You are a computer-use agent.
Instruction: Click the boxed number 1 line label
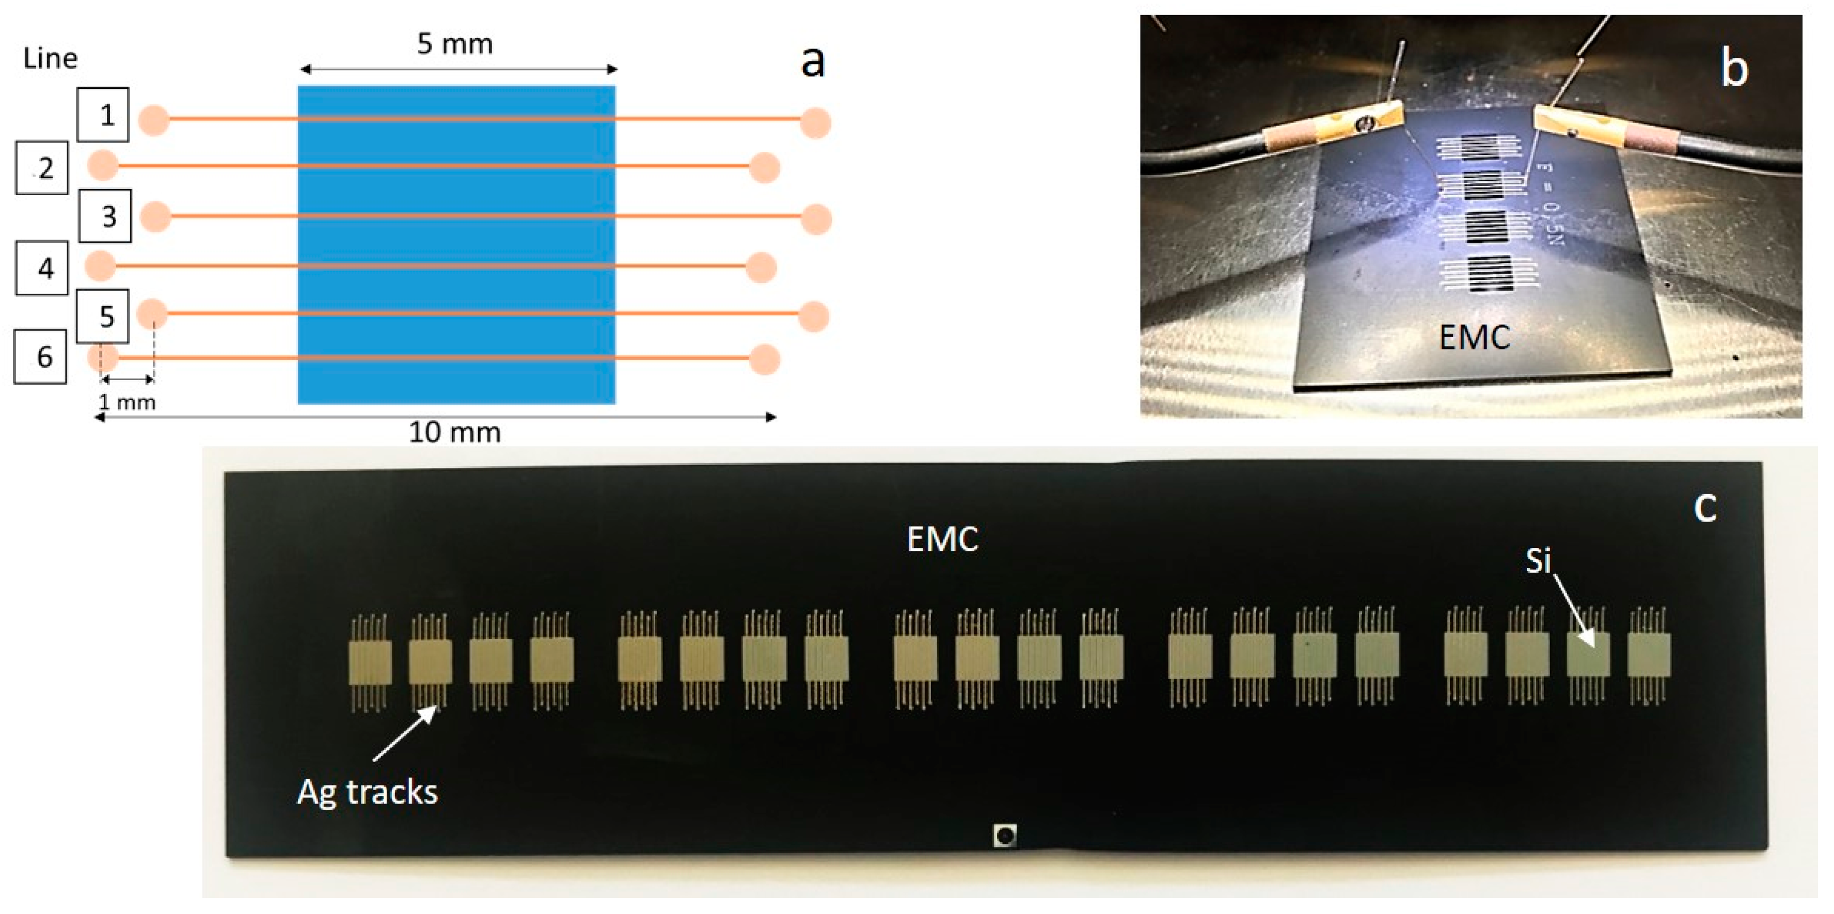coord(104,115)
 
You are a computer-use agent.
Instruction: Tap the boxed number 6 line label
coord(41,357)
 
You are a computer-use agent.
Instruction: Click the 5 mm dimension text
coord(455,44)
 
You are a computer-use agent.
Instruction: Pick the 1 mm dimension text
coord(127,402)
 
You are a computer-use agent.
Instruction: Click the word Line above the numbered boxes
coord(50,58)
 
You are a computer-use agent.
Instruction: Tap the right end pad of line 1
coord(815,122)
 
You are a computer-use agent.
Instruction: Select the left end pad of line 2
coord(103,166)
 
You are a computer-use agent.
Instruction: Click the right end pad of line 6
coord(765,359)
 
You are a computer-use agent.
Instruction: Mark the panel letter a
coord(812,62)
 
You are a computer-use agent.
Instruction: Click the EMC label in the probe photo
coord(1474,337)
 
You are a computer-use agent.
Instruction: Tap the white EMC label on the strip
coord(943,540)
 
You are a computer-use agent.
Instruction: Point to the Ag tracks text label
coord(368,792)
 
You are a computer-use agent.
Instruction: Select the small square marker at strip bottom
coord(1005,835)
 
